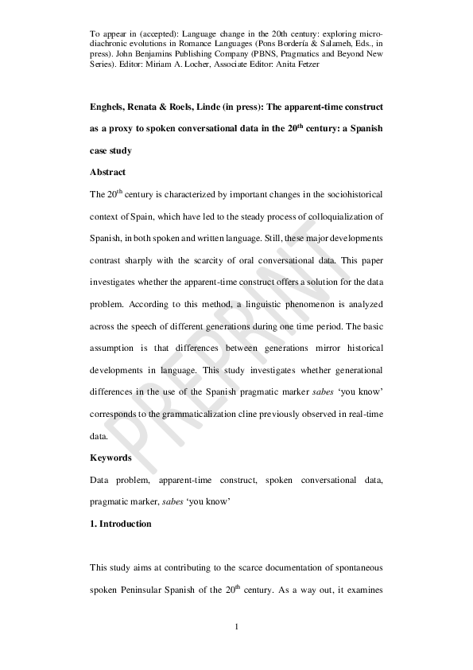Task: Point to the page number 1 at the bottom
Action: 237,628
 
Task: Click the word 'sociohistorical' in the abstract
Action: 350,193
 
